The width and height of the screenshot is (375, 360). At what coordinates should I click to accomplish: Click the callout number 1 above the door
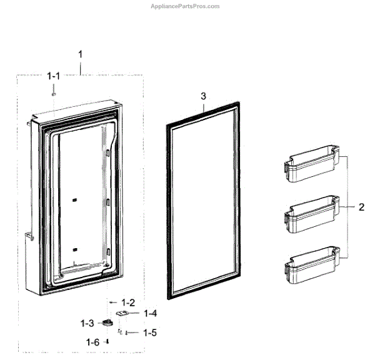(80, 56)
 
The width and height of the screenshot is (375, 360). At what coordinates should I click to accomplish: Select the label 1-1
(54, 76)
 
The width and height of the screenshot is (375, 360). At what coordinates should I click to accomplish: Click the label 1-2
(129, 301)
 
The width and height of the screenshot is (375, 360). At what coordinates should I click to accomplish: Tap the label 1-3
(87, 323)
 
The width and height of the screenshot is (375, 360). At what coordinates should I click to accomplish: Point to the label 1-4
(151, 313)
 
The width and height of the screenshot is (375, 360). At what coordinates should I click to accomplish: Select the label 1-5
(149, 332)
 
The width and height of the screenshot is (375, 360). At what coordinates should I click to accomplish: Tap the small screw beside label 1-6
(107, 341)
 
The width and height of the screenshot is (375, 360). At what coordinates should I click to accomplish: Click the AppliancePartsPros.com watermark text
(186, 6)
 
